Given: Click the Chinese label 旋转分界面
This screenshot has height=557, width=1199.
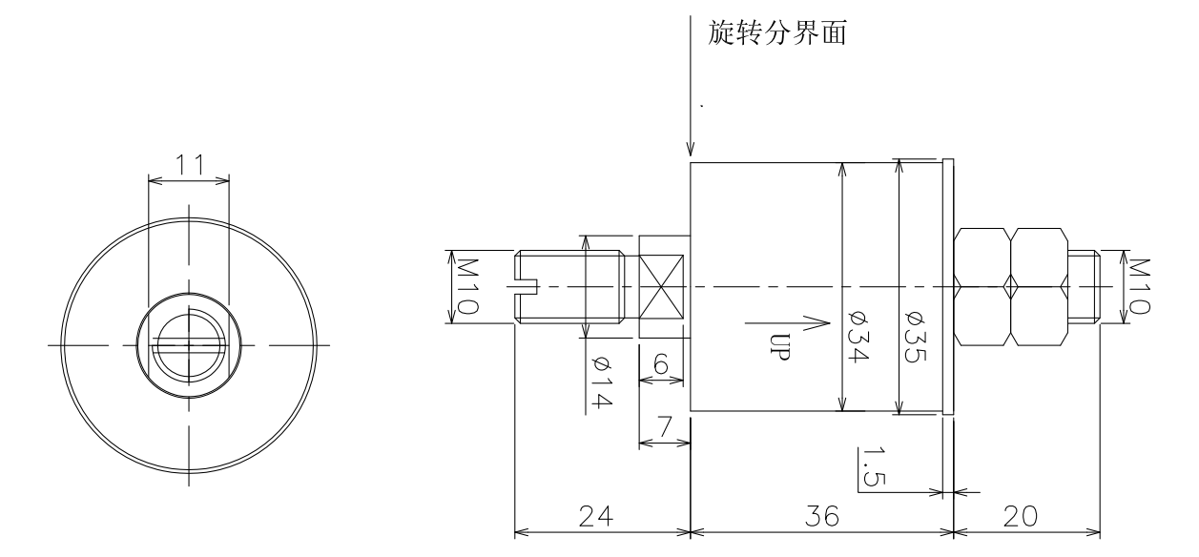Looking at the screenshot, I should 778,34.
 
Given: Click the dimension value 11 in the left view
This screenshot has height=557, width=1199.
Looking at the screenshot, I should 189,163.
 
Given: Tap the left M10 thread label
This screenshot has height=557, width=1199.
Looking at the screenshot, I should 467,286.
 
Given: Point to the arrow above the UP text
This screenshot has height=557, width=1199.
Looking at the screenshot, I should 787,322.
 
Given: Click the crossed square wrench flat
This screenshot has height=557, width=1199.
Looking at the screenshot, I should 664,286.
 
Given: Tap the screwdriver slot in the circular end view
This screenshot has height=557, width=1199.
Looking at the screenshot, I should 189,344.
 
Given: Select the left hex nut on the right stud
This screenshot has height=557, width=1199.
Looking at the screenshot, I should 982,286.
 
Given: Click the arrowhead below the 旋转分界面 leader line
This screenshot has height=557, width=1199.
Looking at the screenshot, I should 690,150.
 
